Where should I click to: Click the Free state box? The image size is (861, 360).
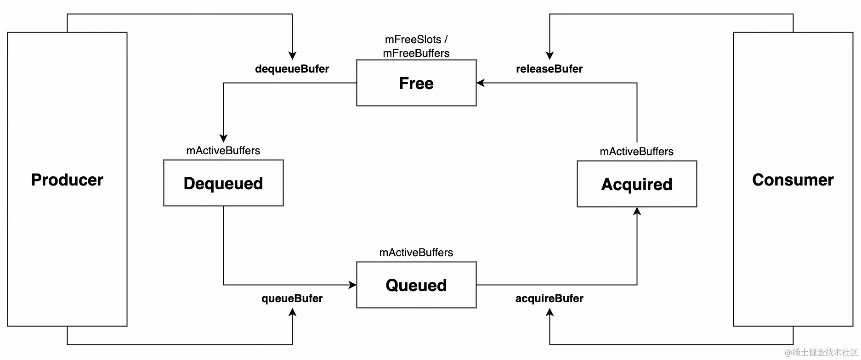(416, 83)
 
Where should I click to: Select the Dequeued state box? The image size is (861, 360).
(223, 183)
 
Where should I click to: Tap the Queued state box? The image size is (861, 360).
(416, 285)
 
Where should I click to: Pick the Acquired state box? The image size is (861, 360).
(636, 184)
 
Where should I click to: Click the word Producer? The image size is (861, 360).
(67, 180)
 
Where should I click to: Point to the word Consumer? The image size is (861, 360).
(793, 180)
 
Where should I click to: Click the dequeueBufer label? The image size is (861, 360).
(292, 69)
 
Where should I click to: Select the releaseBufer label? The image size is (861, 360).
(549, 69)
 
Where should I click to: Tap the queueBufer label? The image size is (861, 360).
(292, 298)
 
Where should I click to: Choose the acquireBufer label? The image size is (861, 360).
(549, 298)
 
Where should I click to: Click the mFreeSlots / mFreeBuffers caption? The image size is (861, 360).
(416, 46)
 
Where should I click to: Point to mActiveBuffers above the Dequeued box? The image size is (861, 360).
(223, 151)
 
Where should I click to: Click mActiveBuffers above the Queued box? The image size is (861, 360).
(416, 253)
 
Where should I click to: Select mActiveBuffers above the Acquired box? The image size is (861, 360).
(636, 152)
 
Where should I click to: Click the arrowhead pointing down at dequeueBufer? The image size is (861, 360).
(292, 56)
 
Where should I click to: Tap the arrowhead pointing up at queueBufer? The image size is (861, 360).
(292, 312)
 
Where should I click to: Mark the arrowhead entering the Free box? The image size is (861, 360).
(481, 83)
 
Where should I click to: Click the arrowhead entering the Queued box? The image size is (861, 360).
(352, 285)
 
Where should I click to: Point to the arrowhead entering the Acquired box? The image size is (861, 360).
(637, 211)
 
